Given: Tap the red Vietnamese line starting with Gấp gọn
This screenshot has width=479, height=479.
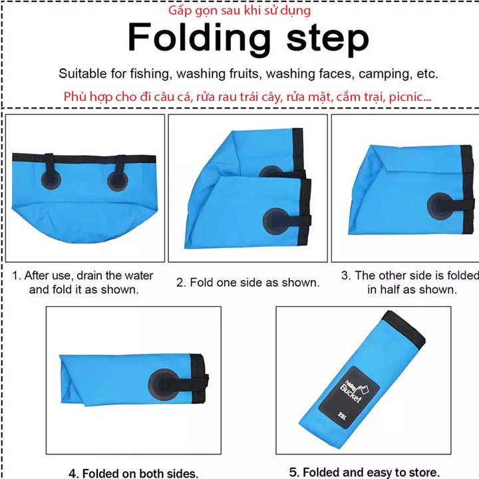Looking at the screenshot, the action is click(239, 11).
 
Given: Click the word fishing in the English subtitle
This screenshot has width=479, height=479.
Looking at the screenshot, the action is click(149, 74).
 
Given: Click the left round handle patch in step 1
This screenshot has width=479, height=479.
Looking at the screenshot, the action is click(51, 180).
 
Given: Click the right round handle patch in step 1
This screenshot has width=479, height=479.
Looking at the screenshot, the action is click(117, 182).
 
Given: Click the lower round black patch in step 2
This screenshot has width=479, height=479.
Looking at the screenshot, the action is click(276, 222).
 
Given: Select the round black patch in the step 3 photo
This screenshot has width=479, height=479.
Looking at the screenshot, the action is click(440, 206).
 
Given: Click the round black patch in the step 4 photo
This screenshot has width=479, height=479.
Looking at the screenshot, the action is click(164, 385).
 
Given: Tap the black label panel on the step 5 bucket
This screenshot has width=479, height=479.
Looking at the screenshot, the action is click(349, 397).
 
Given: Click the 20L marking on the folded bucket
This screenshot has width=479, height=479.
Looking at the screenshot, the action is click(342, 416).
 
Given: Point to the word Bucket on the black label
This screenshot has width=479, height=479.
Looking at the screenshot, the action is click(351, 393).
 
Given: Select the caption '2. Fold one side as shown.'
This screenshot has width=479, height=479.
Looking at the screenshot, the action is click(247, 283).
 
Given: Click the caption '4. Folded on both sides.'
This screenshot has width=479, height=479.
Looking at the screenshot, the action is click(134, 473).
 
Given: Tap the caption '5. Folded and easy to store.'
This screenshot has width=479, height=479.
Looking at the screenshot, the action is click(363, 472).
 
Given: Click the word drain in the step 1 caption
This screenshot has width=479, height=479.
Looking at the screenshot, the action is click(89, 275).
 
